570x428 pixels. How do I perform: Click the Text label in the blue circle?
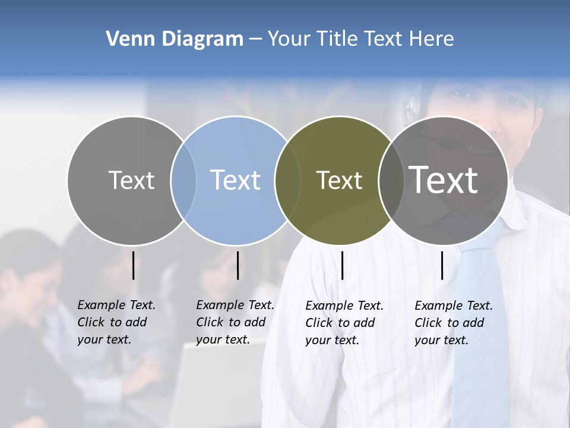(236, 180)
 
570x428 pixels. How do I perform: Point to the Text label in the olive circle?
(339, 180)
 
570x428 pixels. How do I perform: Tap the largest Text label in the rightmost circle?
(444, 180)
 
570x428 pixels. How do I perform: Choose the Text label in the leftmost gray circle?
(131, 180)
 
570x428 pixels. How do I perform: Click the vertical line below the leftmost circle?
(134, 265)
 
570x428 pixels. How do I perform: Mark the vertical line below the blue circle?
(237, 265)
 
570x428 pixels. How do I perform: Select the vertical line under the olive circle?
(342, 265)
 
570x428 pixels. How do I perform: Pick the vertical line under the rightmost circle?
(442, 265)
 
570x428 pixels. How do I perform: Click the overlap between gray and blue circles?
(183, 180)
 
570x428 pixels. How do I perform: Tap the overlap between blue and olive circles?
(287, 180)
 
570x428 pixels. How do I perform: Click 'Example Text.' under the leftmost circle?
(116, 305)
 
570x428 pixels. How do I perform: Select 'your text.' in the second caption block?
(223, 339)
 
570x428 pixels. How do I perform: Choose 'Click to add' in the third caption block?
(340, 323)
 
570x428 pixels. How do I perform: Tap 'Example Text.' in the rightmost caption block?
(454, 306)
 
